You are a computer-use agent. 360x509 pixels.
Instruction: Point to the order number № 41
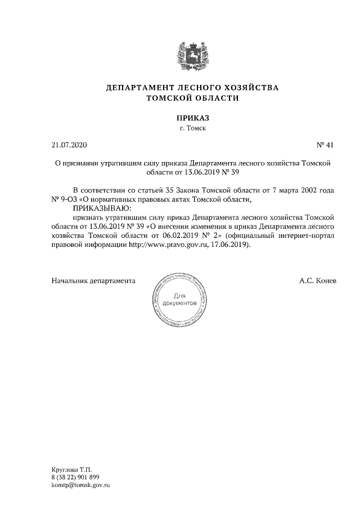(325, 145)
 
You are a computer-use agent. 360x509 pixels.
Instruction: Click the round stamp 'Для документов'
(180, 300)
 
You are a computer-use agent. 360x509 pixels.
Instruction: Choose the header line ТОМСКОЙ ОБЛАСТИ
(192, 98)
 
